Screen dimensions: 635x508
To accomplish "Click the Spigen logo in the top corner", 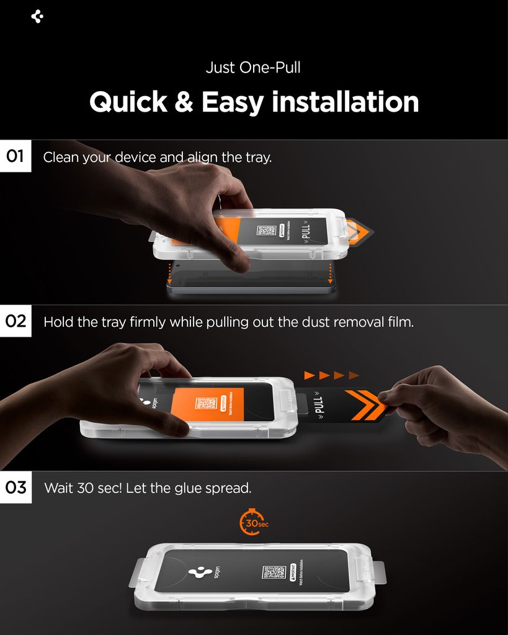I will coord(37,17).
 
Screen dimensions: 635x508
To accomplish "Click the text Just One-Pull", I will coord(253,67).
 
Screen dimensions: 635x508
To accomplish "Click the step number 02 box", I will coord(16,322).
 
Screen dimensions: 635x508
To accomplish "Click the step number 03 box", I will coord(16,487).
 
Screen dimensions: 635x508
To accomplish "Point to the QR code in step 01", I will coord(266,231).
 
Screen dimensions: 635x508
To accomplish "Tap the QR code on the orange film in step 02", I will coord(205,404).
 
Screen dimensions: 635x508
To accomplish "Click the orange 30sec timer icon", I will coord(252,523).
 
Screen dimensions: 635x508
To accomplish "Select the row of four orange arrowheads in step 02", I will coord(331,375).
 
